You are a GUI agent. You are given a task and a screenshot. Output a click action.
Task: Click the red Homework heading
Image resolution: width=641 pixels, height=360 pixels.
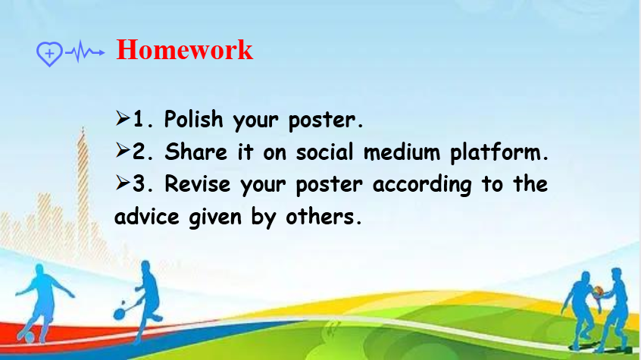point(184,50)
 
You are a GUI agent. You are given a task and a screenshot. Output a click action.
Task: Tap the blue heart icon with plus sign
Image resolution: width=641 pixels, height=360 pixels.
point(49,54)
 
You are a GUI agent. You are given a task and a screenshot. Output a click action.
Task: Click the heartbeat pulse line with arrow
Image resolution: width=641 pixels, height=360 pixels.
point(85,52)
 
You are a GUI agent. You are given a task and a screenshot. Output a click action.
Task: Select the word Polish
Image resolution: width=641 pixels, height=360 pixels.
point(194,120)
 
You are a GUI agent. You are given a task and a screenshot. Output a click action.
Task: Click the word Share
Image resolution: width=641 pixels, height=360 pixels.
point(195,152)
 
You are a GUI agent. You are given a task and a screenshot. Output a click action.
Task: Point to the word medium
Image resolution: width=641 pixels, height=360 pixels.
point(402,152)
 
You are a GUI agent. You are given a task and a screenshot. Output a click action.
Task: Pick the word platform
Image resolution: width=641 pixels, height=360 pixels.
point(499,152)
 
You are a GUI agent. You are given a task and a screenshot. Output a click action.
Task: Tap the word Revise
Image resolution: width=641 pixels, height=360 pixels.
point(198,184)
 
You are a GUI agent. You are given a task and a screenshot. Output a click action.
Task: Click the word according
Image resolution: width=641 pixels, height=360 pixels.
point(422,185)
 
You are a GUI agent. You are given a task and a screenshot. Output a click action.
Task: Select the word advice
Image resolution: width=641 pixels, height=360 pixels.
point(147,216)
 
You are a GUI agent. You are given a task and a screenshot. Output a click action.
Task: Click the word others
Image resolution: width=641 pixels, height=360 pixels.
point(323,216)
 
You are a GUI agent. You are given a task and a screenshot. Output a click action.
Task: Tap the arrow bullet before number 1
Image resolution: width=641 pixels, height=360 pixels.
point(123,118)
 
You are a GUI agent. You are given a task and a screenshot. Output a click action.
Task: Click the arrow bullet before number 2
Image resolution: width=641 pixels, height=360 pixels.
point(123,151)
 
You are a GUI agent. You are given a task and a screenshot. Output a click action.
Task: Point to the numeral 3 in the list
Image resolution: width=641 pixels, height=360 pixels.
point(139,183)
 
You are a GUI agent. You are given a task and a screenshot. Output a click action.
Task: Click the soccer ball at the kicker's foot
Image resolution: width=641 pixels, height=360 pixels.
point(29,337)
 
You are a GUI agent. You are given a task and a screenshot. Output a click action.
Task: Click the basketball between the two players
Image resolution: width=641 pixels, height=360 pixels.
point(598,291)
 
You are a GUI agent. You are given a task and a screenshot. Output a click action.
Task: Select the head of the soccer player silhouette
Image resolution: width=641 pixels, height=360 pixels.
point(39,271)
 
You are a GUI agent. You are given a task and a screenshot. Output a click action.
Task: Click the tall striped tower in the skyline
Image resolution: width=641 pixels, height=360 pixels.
point(83,193)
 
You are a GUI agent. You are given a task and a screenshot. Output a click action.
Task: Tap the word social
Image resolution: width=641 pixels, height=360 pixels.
point(324,152)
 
